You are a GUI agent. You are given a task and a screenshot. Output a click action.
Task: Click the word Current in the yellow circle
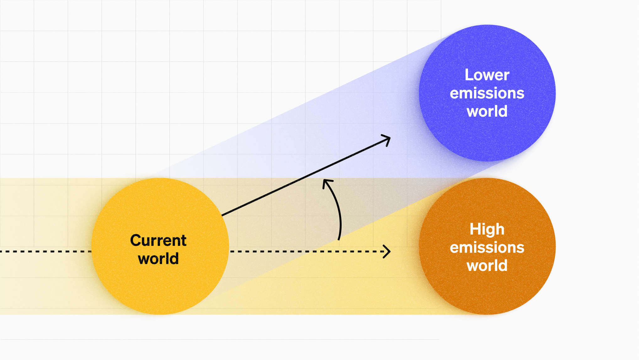click(158, 241)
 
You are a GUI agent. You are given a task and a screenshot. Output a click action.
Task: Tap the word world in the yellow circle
click(158, 259)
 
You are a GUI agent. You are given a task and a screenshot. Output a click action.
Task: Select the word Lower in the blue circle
click(487, 75)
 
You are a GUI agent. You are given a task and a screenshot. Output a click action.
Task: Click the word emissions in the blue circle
click(487, 93)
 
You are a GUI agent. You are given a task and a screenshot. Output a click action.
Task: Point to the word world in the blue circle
click(487, 111)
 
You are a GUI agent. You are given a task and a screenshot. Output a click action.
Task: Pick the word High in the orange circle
click(487, 229)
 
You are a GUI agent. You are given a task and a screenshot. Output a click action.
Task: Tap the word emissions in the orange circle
click(487, 247)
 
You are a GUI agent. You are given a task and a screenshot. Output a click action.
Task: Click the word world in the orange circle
click(487, 266)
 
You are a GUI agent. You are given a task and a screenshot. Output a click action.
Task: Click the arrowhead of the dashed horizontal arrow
click(388, 251)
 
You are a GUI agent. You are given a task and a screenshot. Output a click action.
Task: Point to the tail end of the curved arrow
click(339, 239)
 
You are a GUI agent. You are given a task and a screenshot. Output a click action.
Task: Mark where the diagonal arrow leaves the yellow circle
click(222, 215)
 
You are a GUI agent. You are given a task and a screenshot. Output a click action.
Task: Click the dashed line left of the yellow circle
click(47, 251)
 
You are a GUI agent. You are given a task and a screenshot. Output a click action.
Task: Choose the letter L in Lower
click(469, 75)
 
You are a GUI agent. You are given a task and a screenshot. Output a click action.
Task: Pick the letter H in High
click(475, 229)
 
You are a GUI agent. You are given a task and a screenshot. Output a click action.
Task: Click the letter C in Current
click(136, 241)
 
